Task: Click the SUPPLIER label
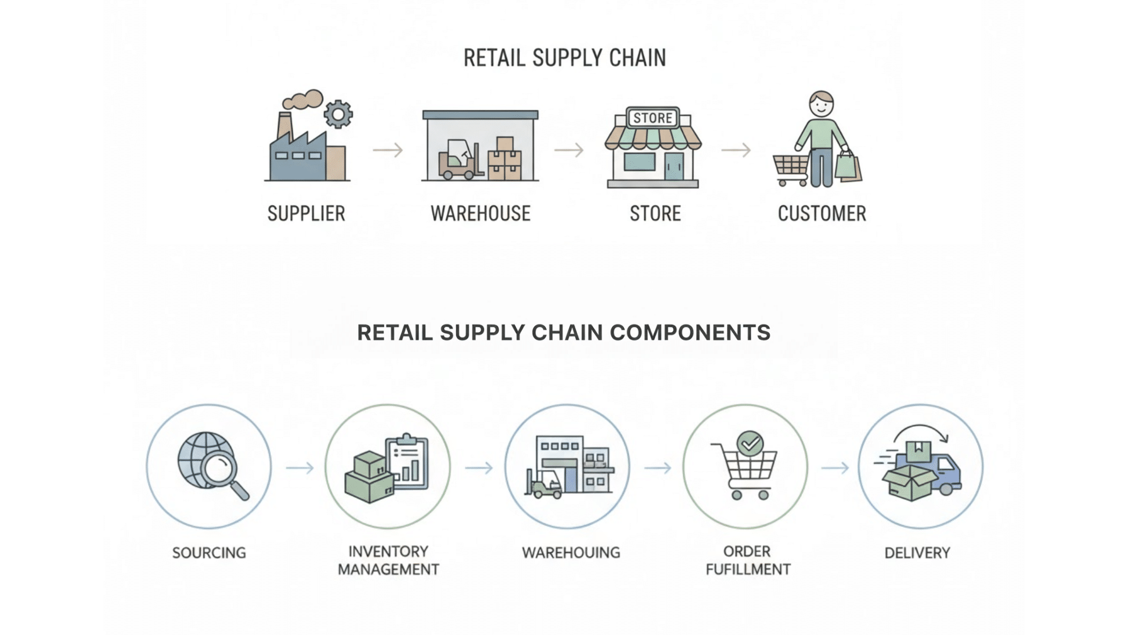[306, 213]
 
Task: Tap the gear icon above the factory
[338, 114]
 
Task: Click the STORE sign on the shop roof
[653, 118]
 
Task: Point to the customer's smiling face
[821, 106]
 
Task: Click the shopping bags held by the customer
[848, 166]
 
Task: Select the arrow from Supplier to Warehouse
[388, 151]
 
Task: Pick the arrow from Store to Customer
[736, 151]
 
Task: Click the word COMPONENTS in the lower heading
[690, 333]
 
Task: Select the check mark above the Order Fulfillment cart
[750, 444]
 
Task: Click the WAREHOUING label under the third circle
[570, 553]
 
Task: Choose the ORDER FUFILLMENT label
[747, 560]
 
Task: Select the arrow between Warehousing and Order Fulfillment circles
[657, 468]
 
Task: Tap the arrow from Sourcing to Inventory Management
[300, 468]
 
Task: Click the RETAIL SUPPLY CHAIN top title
[565, 58]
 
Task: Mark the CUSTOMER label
[821, 213]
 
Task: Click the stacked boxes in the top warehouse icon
[505, 159]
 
